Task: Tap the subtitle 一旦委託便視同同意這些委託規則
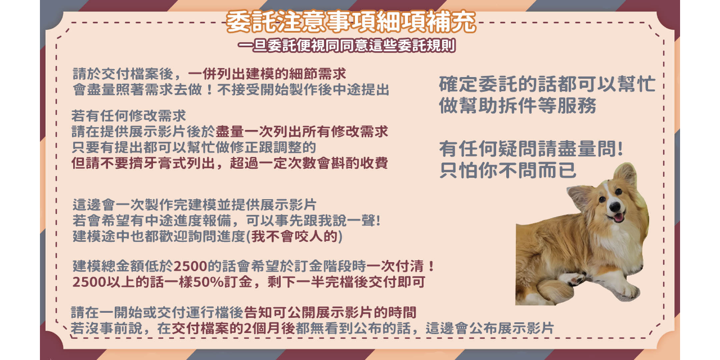[x=346, y=46]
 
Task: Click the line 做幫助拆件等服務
[x=517, y=106]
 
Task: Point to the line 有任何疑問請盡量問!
[x=531, y=150]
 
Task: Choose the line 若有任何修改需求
[x=129, y=116]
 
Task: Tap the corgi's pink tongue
[x=618, y=217]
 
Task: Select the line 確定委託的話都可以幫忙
[x=547, y=84]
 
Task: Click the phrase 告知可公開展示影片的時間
[x=330, y=313]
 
